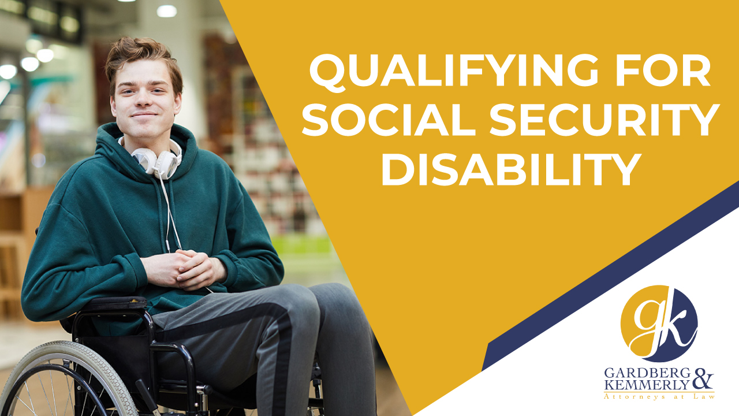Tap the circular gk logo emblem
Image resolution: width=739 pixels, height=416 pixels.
point(659,324)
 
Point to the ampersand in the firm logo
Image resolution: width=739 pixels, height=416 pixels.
point(702,380)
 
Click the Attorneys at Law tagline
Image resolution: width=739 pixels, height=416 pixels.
point(658,396)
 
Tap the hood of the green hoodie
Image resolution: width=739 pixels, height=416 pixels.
point(110,150)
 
